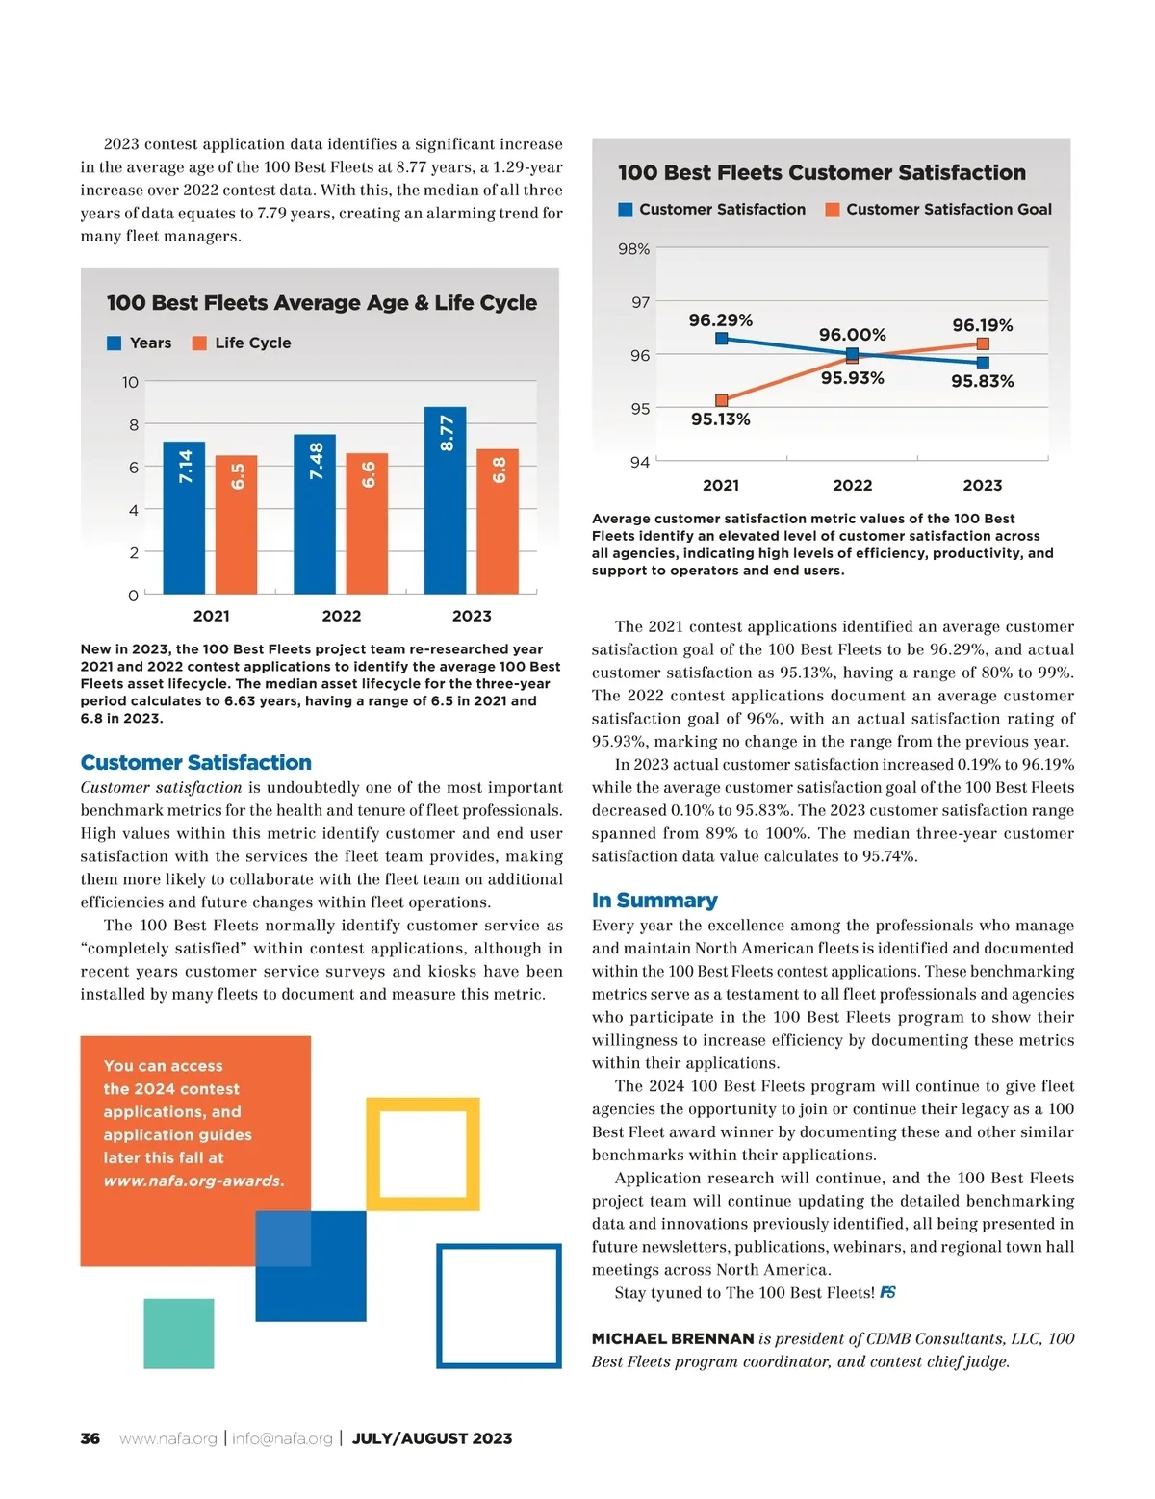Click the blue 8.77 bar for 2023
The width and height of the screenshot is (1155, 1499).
(445, 499)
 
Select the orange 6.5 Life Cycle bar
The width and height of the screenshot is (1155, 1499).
(237, 524)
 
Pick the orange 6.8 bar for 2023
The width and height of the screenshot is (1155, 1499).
(498, 521)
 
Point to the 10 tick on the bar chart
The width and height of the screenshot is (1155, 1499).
(130, 382)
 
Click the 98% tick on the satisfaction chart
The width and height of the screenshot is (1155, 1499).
(633, 249)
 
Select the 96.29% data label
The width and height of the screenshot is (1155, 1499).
(720, 319)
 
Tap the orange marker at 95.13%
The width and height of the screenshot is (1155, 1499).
(722, 400)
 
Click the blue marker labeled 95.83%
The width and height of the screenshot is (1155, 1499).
(983, 363)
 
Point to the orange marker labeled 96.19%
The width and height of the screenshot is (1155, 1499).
(983, 343)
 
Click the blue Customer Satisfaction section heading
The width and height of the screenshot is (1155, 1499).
(196, 763)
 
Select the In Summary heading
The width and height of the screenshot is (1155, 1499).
(654, 901)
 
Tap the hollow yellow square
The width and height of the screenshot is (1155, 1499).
(423, 1154)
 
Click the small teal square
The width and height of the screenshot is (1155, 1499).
(179, 1333)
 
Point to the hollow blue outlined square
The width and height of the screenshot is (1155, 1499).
(499, 1306)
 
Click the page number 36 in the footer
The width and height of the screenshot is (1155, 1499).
(90, 1438)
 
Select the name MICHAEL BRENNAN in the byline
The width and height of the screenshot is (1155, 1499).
(673, 1338)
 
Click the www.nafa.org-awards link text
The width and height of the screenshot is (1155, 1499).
(193, 1181)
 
